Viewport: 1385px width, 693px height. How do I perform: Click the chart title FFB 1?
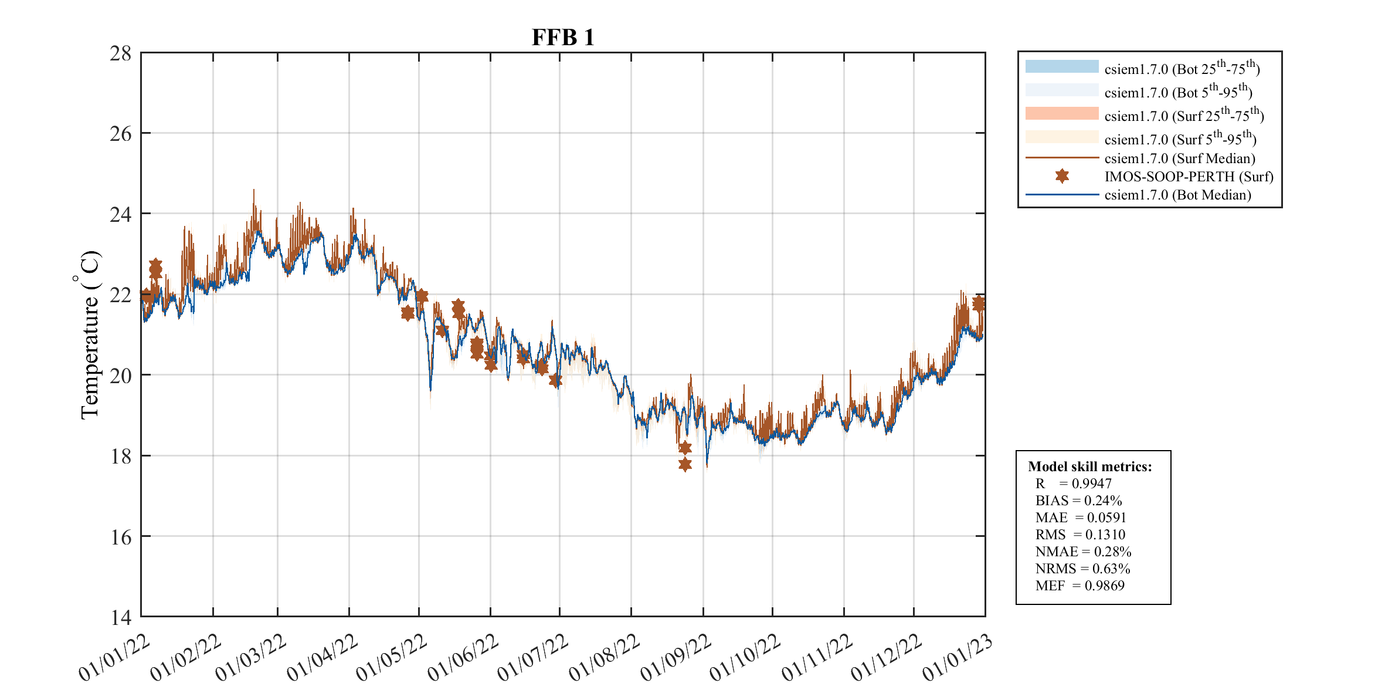563,38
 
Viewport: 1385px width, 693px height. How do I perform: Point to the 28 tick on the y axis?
120,53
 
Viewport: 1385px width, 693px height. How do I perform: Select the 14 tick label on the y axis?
120,617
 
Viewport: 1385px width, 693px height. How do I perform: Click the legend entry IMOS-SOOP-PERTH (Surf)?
1189,177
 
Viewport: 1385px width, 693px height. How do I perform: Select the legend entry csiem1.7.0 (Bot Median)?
1177,195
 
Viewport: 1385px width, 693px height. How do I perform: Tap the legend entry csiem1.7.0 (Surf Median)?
1179,158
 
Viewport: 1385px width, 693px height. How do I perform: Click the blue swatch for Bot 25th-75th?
1061,66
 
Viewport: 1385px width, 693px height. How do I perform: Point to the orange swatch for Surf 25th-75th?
1061,113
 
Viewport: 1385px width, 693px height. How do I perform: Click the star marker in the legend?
1062,176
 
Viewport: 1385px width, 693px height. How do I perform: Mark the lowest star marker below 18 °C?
685,465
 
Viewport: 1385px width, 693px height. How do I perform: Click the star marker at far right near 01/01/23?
979,303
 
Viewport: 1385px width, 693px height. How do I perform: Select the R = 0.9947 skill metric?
1073,484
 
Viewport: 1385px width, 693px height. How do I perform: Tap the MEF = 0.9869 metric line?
1080,586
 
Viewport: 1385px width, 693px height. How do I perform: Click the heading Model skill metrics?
1089,466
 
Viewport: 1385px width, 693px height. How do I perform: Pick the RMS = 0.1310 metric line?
1080,535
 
